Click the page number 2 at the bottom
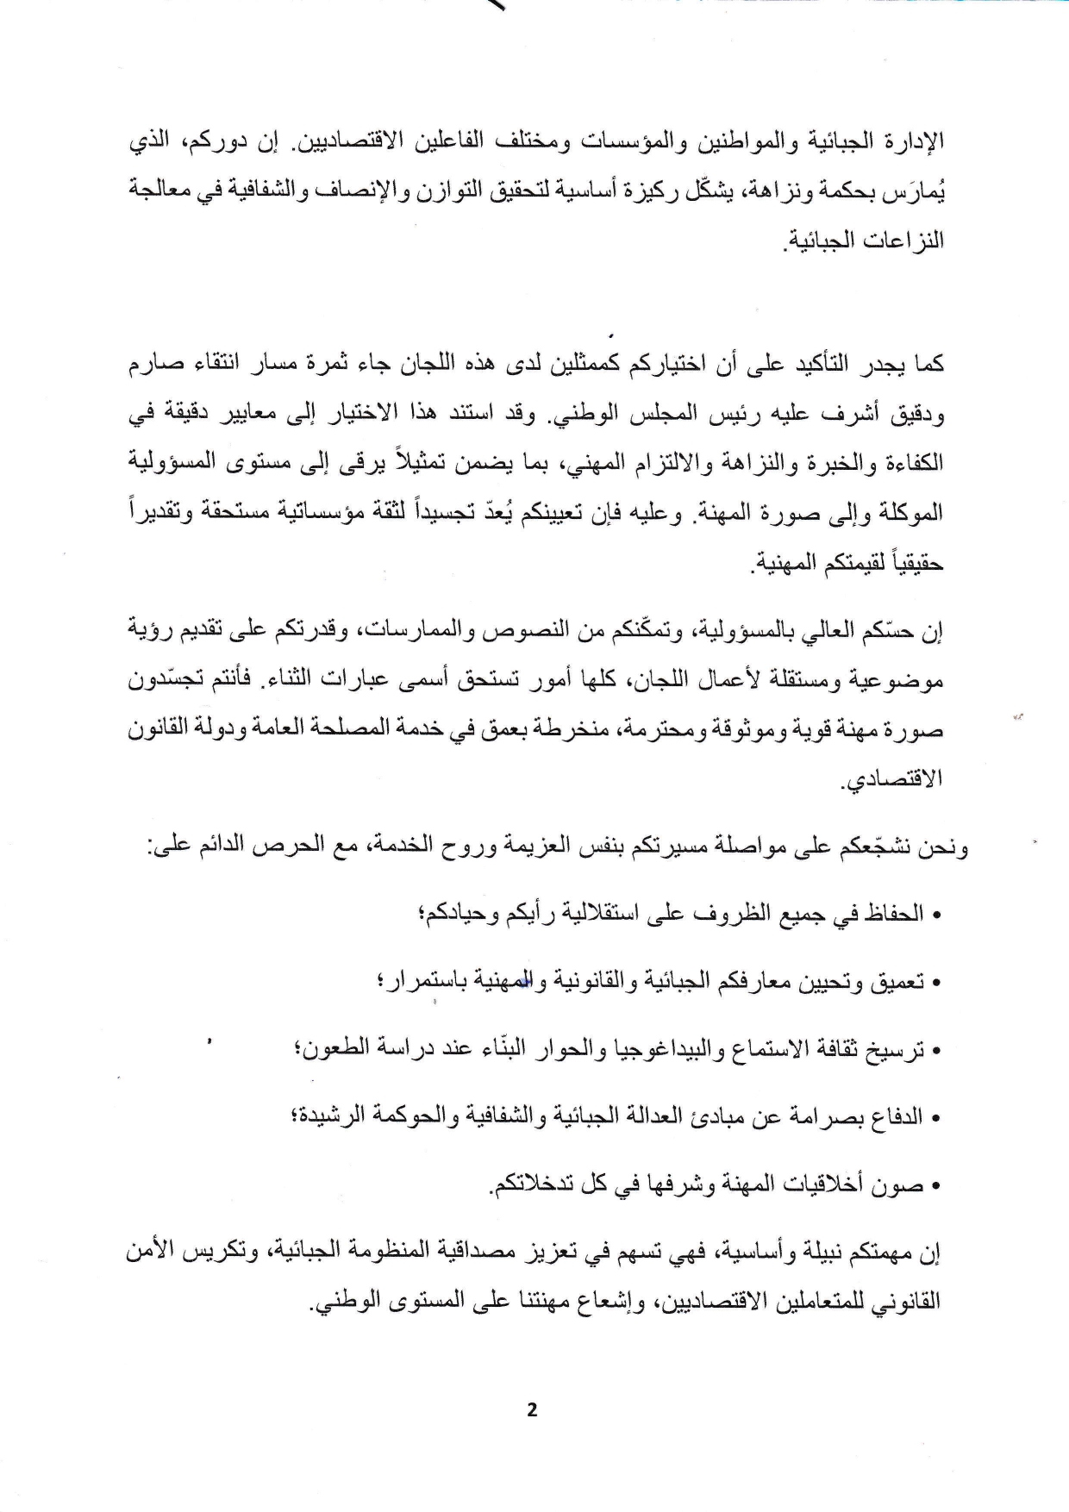click(531, 1410)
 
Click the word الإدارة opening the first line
click(915, 141)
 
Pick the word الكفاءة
click(913, 464)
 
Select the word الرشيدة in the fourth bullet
click(330, 1117)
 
